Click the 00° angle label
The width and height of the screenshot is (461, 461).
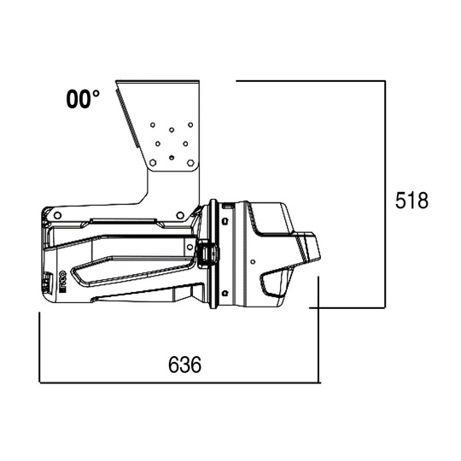tap(83, 100)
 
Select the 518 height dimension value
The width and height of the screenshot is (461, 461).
tap(411, 201)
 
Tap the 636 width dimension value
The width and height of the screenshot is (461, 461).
tap(184, 365)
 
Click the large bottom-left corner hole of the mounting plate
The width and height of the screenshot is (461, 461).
tap(153, 161)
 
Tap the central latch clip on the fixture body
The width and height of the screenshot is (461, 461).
tap(206, 254)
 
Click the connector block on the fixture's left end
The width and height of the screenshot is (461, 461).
tap(49, 282)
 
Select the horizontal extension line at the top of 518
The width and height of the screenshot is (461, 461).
tap(311, 81)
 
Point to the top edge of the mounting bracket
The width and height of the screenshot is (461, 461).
tap(159, 80)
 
